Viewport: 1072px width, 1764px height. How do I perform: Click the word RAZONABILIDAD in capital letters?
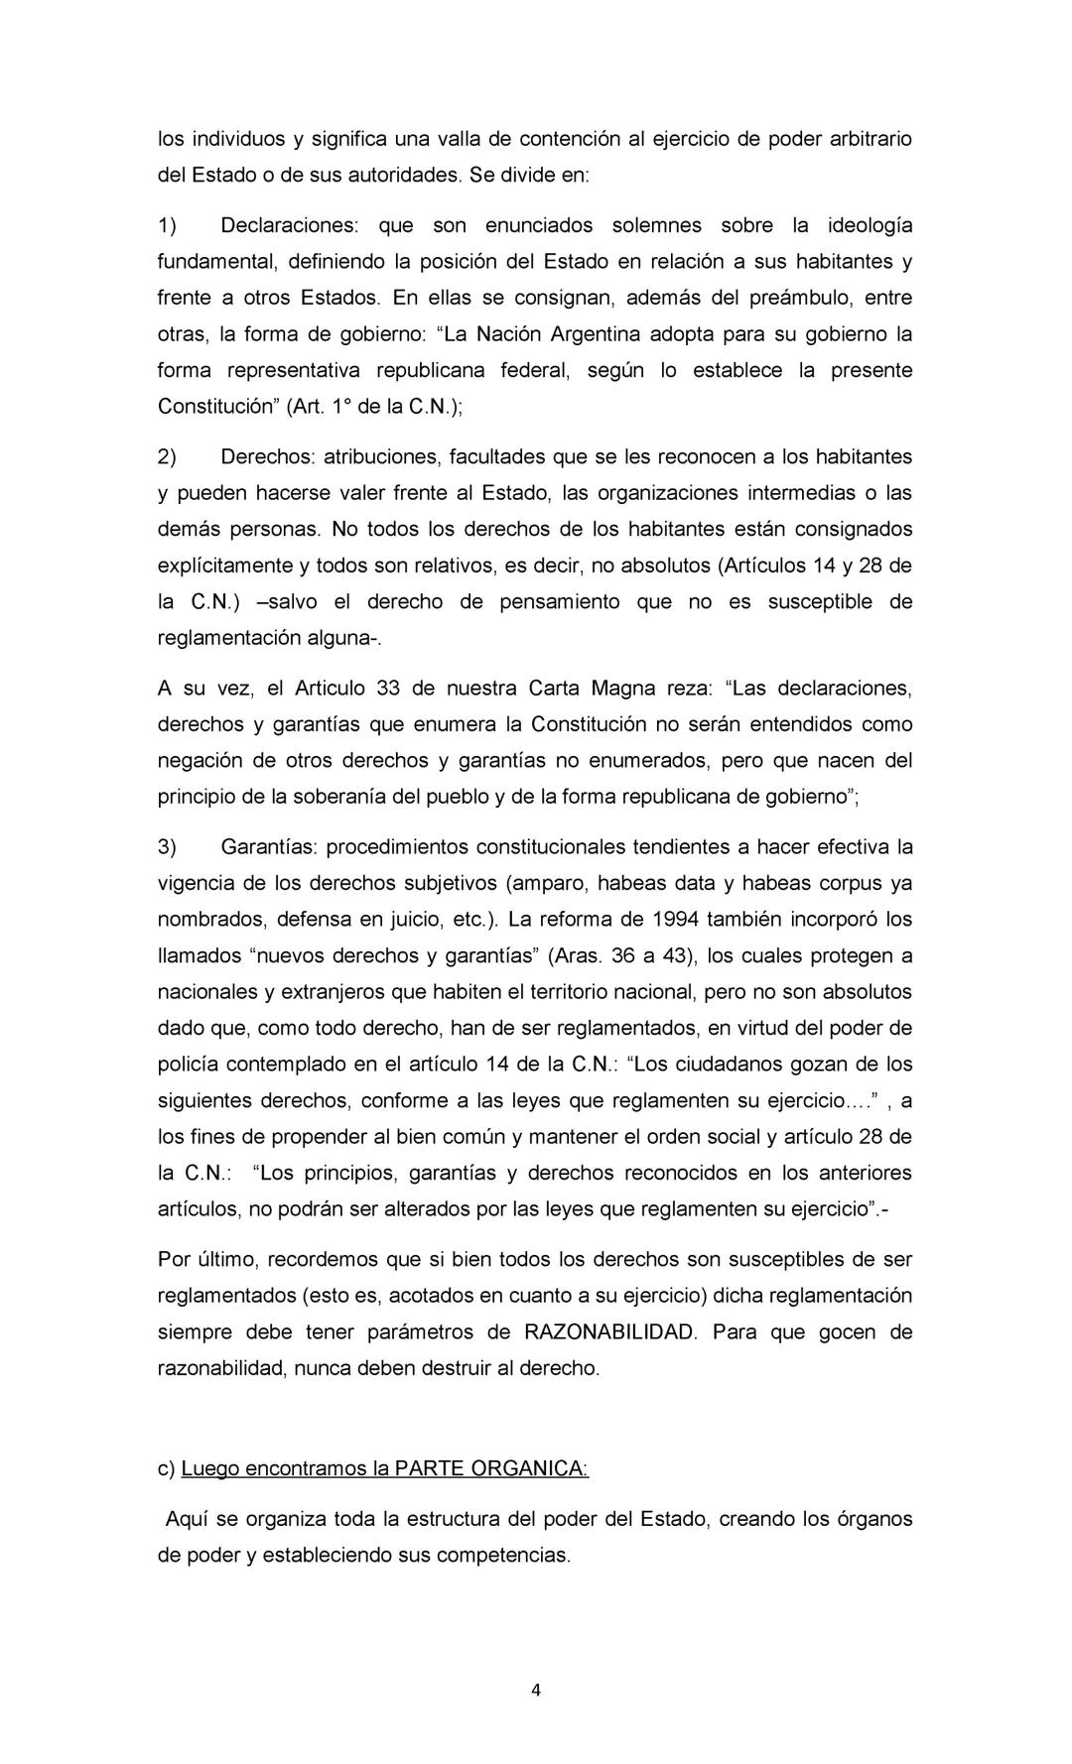click(x=609, y=1331)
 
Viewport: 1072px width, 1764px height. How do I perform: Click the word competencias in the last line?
click(x=503, y=1555)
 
